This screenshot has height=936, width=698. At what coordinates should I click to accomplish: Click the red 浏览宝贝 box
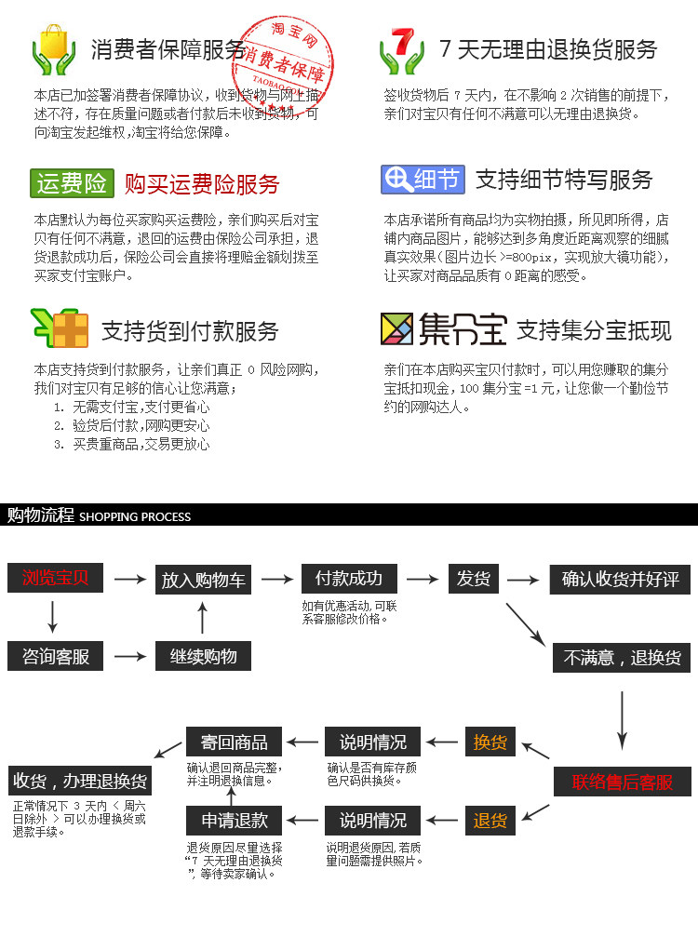point(55,578)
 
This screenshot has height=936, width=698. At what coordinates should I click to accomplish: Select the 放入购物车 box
point(204,580)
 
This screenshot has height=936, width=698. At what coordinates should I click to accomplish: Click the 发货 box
point(473,578)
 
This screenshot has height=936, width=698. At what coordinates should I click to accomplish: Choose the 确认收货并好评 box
point(621,580)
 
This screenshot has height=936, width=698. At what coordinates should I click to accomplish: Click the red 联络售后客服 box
point(623,782)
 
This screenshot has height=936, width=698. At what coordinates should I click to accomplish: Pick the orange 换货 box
point(490,742)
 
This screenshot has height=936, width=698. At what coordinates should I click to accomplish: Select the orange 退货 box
point(490,820)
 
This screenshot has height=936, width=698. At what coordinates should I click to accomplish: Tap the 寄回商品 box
point(235,742)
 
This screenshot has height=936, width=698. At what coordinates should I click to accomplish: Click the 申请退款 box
point(235,820)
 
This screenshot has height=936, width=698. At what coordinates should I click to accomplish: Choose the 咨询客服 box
point(55,656)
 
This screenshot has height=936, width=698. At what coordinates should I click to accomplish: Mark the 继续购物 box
point(204,656)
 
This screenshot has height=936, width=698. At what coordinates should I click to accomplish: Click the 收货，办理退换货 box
point(80,780)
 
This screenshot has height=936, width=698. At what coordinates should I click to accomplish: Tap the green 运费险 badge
point(72,183)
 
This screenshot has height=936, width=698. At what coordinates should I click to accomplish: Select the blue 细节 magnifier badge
point(423,179)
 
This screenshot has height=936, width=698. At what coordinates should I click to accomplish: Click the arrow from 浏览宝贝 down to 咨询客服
point(52,617)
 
